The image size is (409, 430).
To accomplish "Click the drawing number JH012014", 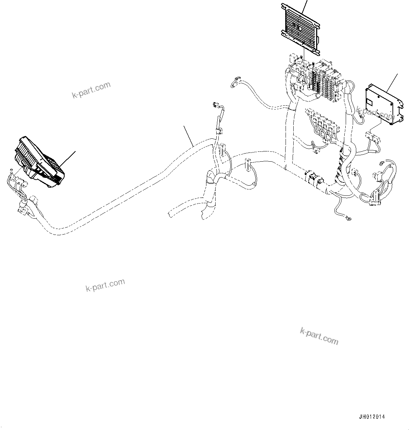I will coord(372,417).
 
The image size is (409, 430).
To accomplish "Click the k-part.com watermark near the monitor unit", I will coord(91,90).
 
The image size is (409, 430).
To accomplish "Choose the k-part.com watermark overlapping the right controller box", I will coord(374,113).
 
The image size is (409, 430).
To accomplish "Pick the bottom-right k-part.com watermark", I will coord(319,336).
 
